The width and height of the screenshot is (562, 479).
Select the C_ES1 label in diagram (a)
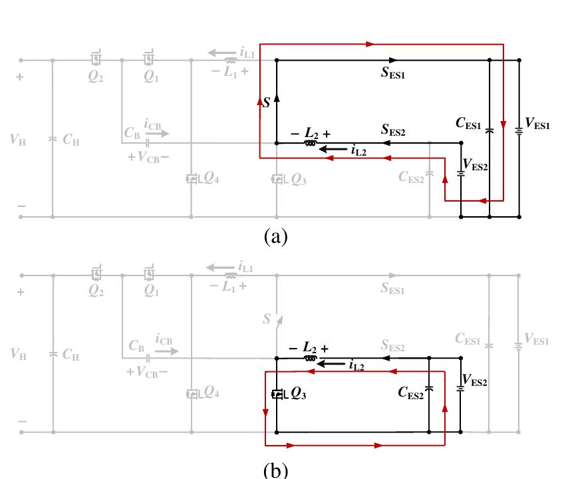pos(470,122)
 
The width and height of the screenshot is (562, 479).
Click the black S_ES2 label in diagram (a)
pos(394,131)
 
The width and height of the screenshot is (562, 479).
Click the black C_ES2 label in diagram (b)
pos(411,394)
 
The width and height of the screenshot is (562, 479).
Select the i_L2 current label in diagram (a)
pos(356,152)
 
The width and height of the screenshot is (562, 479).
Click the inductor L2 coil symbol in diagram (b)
pos(309,358)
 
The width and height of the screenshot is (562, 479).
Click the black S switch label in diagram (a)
pos(267,103)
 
